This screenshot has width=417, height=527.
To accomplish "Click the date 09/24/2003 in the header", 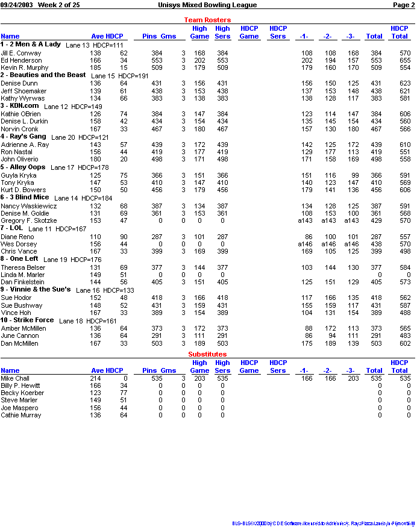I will coord(17,5).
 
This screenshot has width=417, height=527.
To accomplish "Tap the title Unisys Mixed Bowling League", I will coord(207,5).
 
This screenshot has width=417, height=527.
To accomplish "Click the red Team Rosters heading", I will coord(207,20).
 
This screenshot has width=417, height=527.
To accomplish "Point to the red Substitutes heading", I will coord(207,354).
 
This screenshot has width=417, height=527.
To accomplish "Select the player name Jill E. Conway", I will coord(21,53).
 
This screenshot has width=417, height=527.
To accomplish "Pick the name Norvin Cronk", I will coord(19,129).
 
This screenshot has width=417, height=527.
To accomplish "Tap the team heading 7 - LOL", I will coord(12,229).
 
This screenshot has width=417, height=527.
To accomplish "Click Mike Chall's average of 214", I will coord(96,378).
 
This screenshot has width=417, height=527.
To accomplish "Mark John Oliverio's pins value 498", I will coord(156,159).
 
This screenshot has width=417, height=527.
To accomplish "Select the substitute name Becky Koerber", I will coord(22,393).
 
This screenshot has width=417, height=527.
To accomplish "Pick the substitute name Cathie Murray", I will coord(21,415).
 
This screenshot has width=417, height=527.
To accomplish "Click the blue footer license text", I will coord(324,523).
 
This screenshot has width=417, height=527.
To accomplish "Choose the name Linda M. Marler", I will coord(22,275).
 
